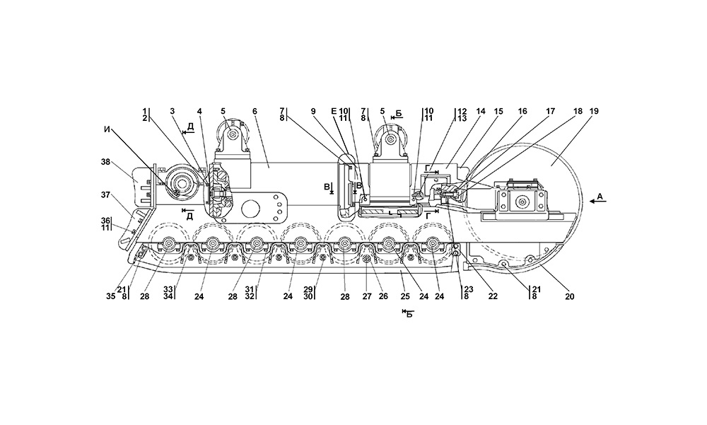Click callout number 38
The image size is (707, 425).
[x=106, y=161]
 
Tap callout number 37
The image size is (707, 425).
[x=106, y=194]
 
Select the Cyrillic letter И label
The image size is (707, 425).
[x=107, y=129]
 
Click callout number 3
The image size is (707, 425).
[x=172, y=111]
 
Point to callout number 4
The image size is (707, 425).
[x=199, y=111]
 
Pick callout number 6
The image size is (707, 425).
[x=255, y=111]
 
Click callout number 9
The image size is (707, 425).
[x=314, y=111]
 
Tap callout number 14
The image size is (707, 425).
[x=481, y=111]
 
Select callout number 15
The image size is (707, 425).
[x=499, y=111]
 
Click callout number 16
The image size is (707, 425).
[x=522, y=111]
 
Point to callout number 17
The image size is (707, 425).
[x=550, y=111]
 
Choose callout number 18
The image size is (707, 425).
[x=578, y=111]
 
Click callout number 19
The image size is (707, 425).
[x=594, y=111]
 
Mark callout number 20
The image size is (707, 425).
[x=570, y=298]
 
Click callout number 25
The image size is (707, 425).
[x=405, y=298]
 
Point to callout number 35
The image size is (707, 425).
[x=110, y=298]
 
